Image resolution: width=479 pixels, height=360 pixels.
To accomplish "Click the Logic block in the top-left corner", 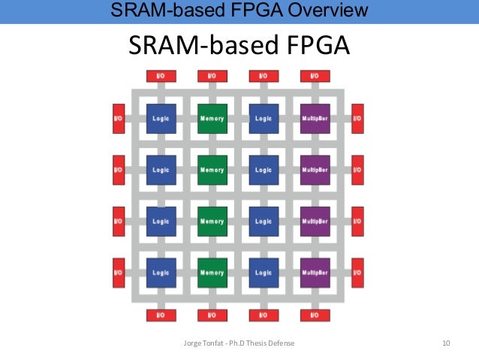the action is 161,119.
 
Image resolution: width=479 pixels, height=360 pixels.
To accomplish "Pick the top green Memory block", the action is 212,119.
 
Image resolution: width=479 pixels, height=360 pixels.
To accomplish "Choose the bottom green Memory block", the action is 212,273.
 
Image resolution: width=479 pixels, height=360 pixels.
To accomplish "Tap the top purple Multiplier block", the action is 315,119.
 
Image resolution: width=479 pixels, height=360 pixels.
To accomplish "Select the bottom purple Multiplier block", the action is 315,273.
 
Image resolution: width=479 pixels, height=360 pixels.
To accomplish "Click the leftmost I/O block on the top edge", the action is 161,76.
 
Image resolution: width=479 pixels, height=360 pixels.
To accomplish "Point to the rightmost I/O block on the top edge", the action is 315,76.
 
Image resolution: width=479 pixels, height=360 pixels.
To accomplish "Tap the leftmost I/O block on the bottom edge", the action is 161,316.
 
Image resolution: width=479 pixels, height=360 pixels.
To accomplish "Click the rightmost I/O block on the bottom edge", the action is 315,316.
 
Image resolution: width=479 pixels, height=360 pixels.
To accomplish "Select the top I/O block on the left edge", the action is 118,119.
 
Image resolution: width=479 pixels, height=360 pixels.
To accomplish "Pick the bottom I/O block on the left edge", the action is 118,273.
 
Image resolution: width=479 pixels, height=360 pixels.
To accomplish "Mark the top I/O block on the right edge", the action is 357,119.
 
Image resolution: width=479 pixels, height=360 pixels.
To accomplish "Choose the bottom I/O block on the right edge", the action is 357,273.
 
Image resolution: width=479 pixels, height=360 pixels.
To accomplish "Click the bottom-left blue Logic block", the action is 161,273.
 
